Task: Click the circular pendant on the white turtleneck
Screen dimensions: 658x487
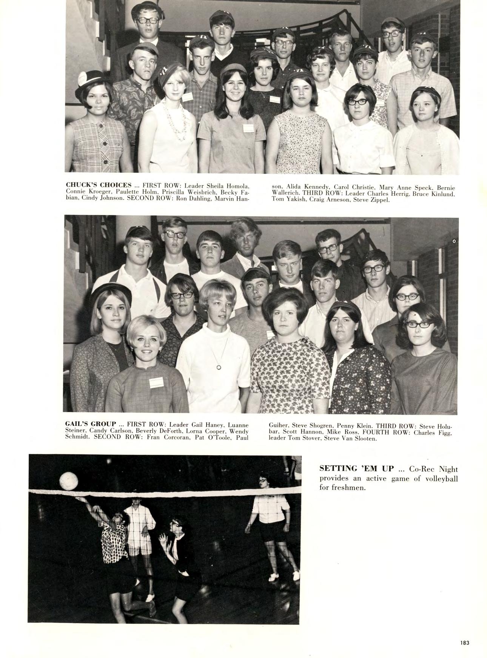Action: point(218,367)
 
